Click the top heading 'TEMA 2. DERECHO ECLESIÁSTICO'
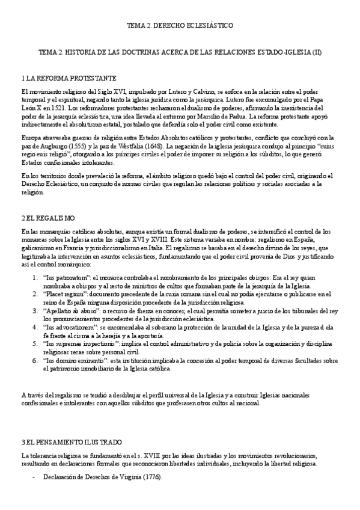(x=180, y=26)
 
